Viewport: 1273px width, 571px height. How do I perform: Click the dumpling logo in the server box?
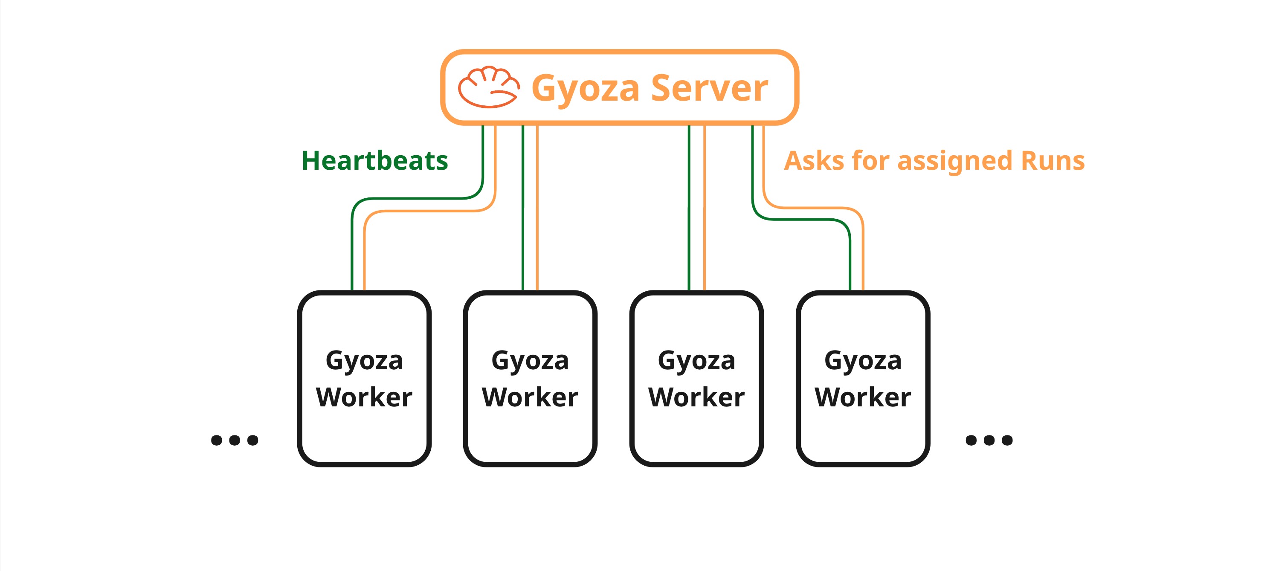tap(488, 87)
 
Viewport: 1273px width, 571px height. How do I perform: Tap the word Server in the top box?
tap(709, 88)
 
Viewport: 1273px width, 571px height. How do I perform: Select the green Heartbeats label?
tap(374, 161)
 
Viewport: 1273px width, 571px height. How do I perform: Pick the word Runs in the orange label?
tap(1053, 161)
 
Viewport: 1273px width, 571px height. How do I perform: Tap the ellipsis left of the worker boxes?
tap(234, 440)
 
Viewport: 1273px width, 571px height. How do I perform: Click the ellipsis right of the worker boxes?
tap(989, 440)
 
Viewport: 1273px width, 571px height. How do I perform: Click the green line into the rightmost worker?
tap(850, 262)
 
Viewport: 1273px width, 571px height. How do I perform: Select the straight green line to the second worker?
tap(523, 207)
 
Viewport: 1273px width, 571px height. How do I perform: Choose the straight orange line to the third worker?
tap(704, 207)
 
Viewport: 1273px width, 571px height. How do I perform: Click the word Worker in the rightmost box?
tap(863, 397)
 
